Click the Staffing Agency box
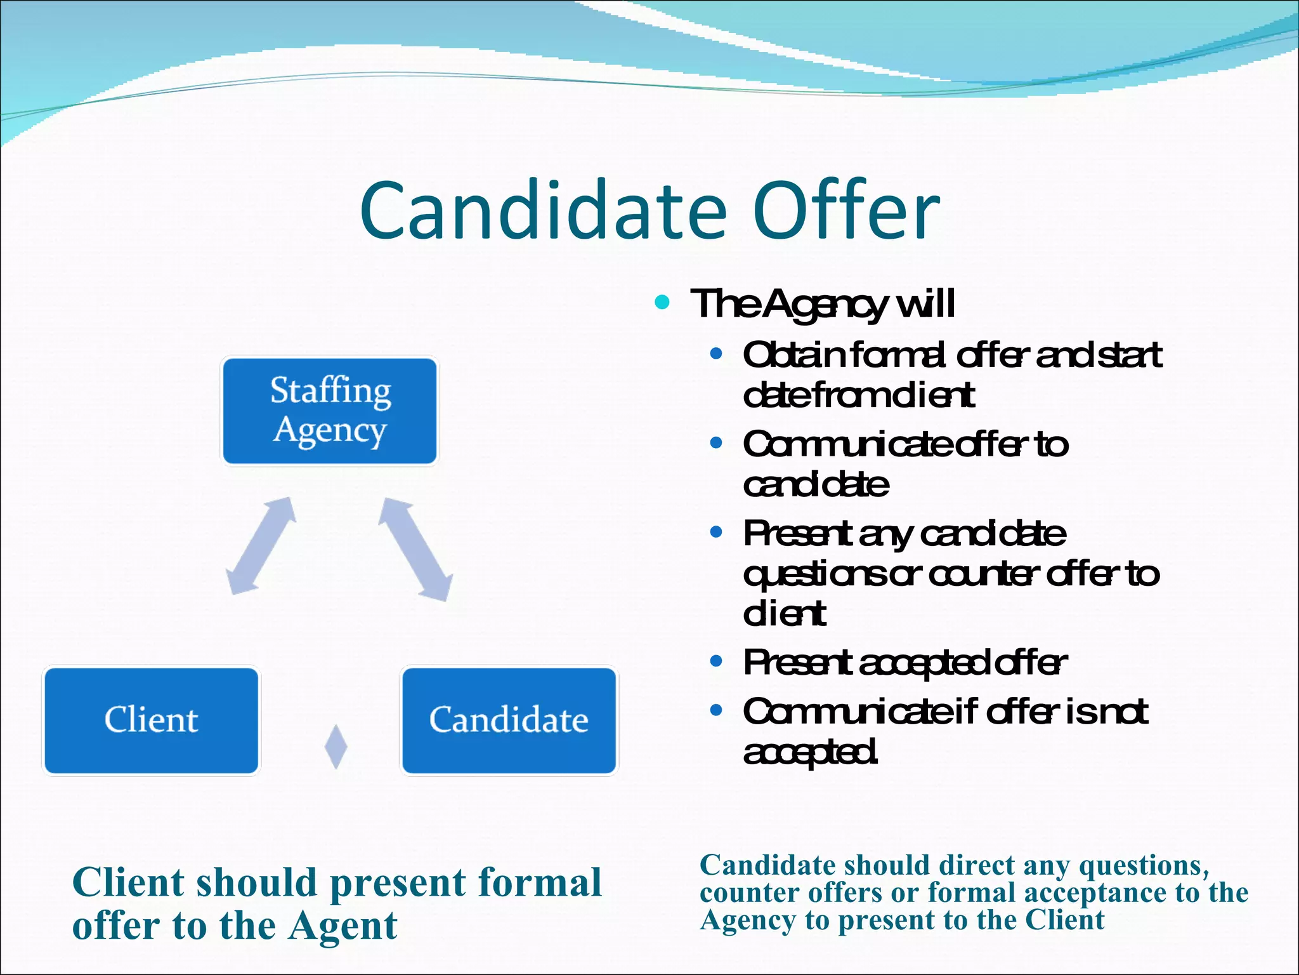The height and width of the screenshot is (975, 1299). (330, 411)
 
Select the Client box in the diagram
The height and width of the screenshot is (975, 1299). (151, 720)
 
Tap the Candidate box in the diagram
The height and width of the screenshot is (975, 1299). (509, 720)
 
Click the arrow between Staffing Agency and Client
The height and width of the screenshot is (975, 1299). (261, 545)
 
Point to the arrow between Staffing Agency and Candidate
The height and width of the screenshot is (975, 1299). (415, 548)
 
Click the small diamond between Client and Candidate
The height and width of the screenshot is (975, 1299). (336, 746)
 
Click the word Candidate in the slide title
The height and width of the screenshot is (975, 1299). (543, 211)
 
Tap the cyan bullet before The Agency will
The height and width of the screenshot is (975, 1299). (662, 302)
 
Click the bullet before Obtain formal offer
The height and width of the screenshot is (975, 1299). (716, 354)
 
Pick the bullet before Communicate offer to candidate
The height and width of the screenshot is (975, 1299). (716, 443)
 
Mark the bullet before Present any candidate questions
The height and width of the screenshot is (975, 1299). (716, 532)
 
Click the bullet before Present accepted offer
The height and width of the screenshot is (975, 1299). (716, 661)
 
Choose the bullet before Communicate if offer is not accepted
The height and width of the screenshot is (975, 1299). (716, 710)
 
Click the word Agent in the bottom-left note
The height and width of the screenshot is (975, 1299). (343, 927)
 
